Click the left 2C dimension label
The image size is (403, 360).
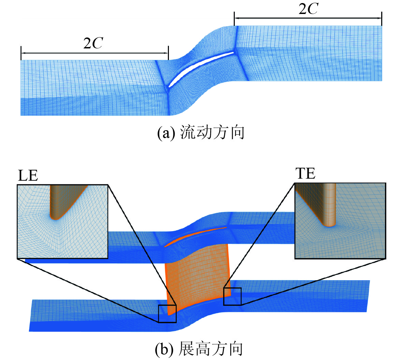click(93, 43)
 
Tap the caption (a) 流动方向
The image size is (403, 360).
click(201, 133)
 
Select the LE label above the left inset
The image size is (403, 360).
click(28, 176)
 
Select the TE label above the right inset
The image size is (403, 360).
click(305, 174)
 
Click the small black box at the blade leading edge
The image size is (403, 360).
click(167, 314)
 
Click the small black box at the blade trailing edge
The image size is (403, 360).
click(232, 296)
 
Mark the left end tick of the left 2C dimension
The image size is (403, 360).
click(21, 53)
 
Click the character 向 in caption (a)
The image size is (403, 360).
click(237, 133)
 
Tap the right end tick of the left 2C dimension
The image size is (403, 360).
click(168, 53)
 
